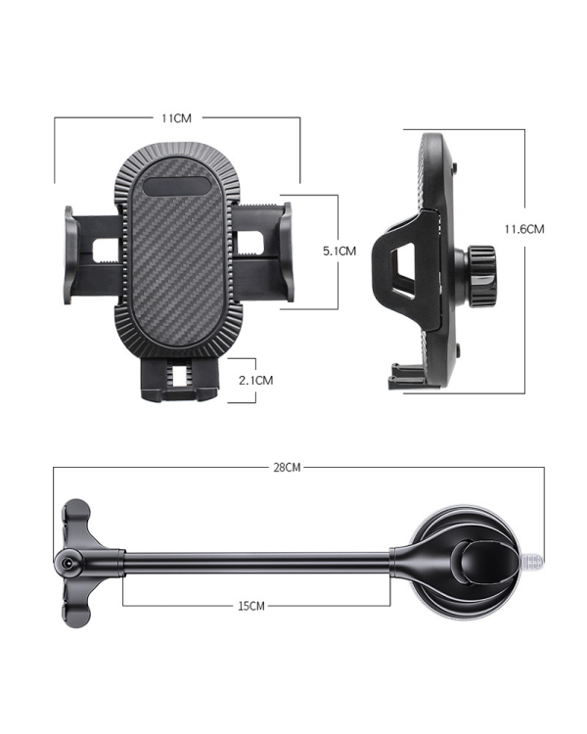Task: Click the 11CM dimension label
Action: click(176, 118)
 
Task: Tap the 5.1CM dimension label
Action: click(339, 251)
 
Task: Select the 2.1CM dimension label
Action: click(256, 380)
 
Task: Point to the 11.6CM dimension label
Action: click(524, 229)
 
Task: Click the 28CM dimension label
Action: click(286, 468)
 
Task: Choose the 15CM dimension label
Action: click(251, 607)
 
